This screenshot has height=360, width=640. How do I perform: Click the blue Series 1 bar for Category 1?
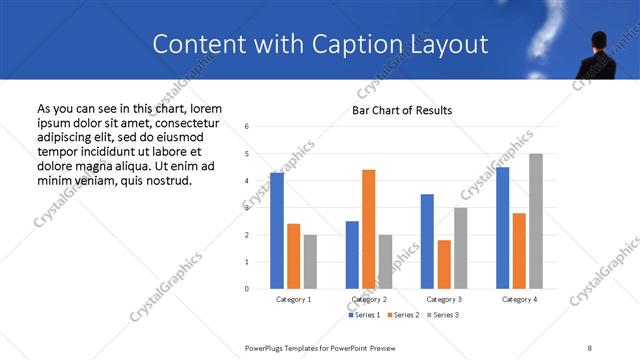point(277,231)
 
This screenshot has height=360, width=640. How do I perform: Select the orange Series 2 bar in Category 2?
point(368,229)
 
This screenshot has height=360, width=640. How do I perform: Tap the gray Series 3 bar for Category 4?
point(536,221)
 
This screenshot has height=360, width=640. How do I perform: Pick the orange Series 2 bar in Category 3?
point(444,264)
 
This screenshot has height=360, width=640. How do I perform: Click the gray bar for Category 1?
point(310,262)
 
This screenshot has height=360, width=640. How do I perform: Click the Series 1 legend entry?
point(363,316)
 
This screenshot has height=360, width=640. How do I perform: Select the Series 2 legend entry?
point(402,316)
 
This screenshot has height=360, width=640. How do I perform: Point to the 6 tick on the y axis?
point(246,127)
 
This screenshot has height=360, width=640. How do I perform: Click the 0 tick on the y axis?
point(246,289)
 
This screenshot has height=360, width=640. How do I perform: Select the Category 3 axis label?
point(443,299)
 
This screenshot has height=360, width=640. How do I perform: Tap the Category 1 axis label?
point(293,299)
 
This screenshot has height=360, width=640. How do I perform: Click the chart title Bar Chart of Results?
point(402,110)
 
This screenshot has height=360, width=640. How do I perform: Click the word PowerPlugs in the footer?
point(268,347)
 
